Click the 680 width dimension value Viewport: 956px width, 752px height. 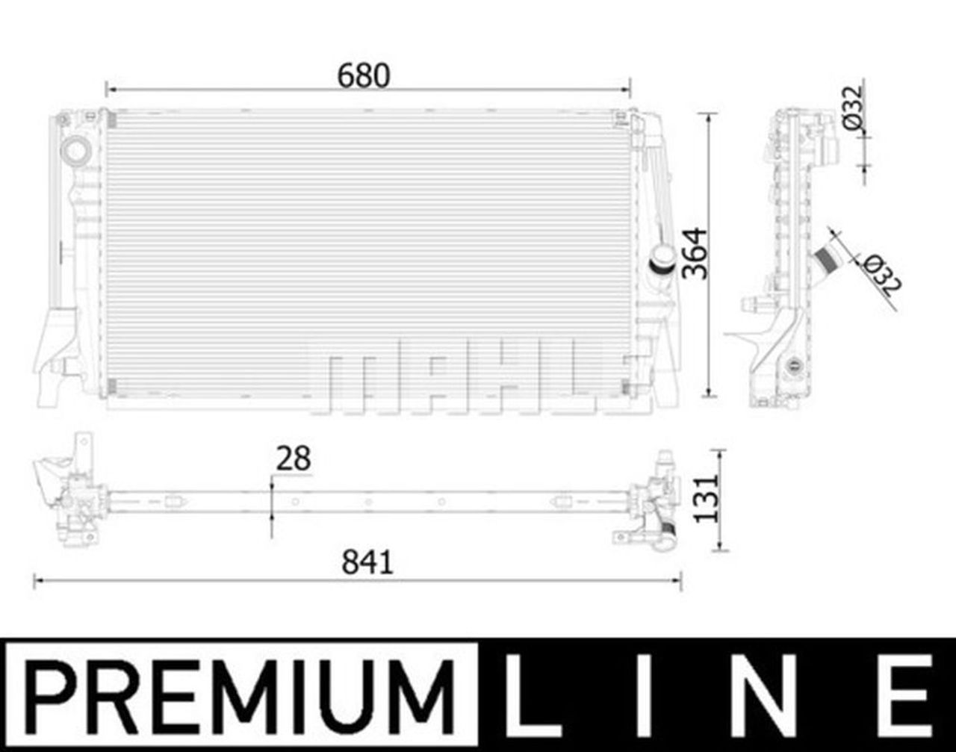coord(364,75)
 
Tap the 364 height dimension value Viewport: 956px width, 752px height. coord(695,254)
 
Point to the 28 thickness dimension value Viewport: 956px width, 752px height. coord(293,459)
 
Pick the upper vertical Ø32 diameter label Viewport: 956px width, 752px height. coord(853,108)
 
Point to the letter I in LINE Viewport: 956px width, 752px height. coord(647,694)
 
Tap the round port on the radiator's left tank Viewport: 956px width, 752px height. coord(75,150)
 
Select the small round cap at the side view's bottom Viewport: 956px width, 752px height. coord(792,365)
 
